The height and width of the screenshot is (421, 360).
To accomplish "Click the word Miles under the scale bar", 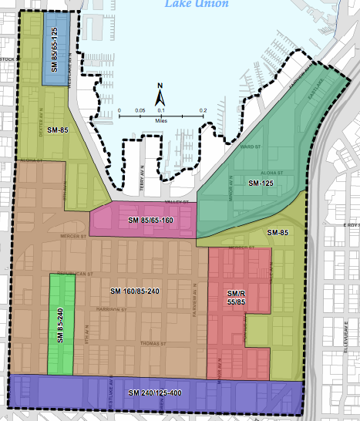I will (161, 121).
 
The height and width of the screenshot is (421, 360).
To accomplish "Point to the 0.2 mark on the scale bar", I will (203, 111).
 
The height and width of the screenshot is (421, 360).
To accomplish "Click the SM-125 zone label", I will (261, 184).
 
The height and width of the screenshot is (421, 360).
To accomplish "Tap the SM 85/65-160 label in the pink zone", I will (145, 221).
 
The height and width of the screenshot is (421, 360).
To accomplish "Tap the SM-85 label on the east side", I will (278, 232).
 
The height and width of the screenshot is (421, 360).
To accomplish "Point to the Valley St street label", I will (177, 202).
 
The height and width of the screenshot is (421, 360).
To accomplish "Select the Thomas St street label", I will (151, 344).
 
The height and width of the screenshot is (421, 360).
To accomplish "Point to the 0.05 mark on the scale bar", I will (140, 111).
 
